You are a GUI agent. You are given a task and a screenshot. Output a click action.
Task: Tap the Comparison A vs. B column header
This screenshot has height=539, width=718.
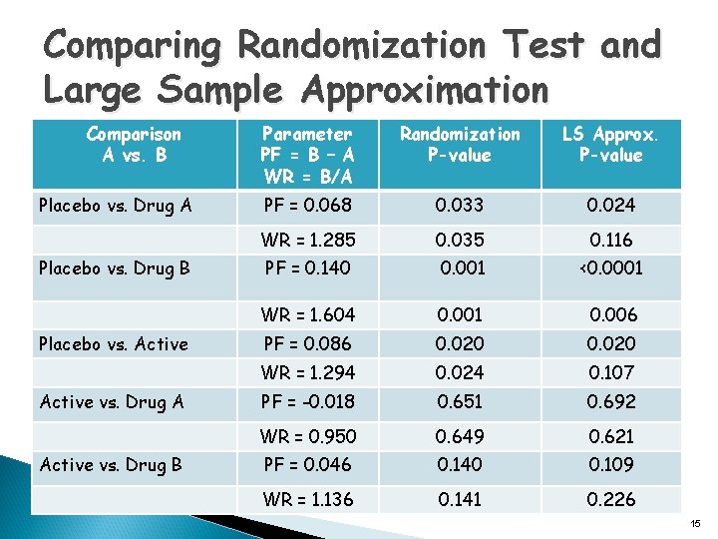click(134, 145)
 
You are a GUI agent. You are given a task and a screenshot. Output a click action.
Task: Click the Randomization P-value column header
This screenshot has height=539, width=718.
click(460, 145)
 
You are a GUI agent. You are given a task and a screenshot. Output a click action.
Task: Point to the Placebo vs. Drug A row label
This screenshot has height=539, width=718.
click(115, 207)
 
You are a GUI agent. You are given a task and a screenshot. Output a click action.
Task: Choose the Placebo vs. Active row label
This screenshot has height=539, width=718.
click(113, 344)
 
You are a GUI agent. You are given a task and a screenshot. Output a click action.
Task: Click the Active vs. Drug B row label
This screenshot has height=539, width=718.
click(111, 464)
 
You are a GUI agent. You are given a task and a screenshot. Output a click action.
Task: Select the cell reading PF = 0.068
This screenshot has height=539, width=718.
click(307, 207)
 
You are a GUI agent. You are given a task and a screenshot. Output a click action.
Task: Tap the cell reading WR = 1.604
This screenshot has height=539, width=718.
click(307, 314)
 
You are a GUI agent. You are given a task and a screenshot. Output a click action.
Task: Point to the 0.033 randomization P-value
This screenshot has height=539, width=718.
click(460, 207)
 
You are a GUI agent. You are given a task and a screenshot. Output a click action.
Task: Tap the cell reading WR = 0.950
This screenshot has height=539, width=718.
click(307, 436)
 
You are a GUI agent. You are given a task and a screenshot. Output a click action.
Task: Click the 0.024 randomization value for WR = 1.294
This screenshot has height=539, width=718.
click(460, 372)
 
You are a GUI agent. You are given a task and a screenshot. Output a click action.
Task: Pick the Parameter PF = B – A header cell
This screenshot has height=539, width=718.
click(306, 155)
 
